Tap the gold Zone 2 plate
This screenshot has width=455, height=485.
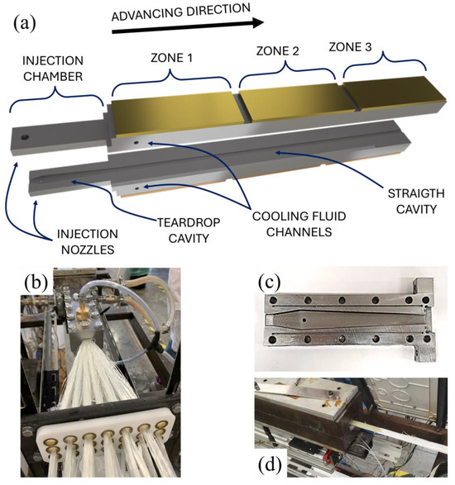[290, 103]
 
